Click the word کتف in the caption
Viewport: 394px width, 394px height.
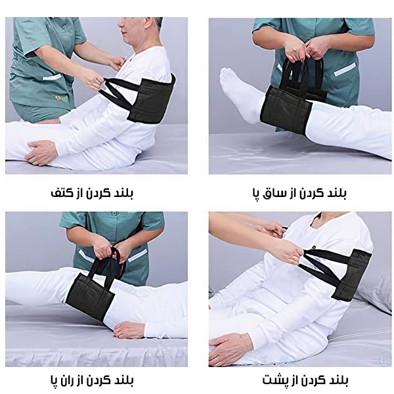61,194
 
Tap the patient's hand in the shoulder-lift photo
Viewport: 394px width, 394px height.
43,152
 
